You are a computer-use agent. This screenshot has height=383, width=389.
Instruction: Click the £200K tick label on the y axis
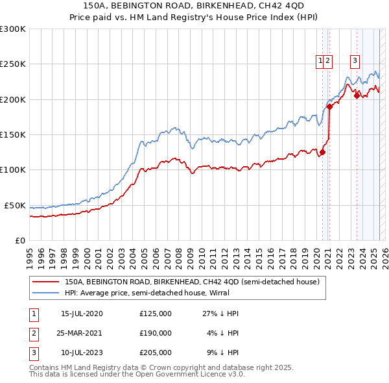pos(13,99)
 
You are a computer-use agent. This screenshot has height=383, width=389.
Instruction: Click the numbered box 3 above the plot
pos(355,61)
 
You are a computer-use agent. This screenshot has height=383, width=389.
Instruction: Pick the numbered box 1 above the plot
pos(320,61)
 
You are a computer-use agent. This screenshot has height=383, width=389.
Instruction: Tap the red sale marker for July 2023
pos(357,95)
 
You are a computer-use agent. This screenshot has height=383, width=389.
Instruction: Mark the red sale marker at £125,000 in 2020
pos(322,152)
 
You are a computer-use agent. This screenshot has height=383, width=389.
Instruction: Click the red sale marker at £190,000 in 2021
pos(330,106)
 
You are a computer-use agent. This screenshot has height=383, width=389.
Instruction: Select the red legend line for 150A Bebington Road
pos(45,282)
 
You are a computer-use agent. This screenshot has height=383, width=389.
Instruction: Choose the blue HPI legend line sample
pos(45,293)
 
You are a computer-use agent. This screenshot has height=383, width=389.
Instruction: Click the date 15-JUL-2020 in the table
pos(82,314)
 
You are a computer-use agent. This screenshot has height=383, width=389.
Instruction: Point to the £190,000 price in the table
pos(156,333)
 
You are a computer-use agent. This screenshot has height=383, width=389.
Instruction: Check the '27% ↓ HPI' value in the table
pos(220,314)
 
